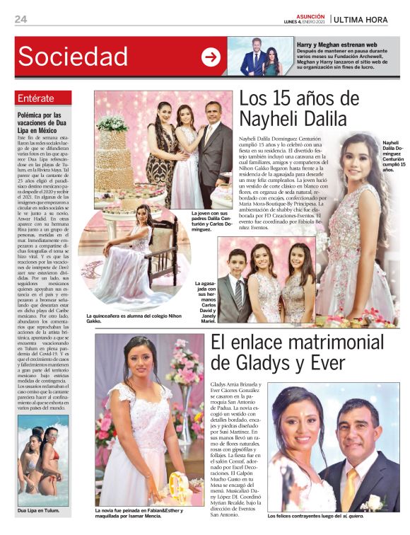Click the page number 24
pos(21,18)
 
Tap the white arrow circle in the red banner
pos(211,57)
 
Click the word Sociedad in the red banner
pos(73,57)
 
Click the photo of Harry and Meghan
pos(259,57)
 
